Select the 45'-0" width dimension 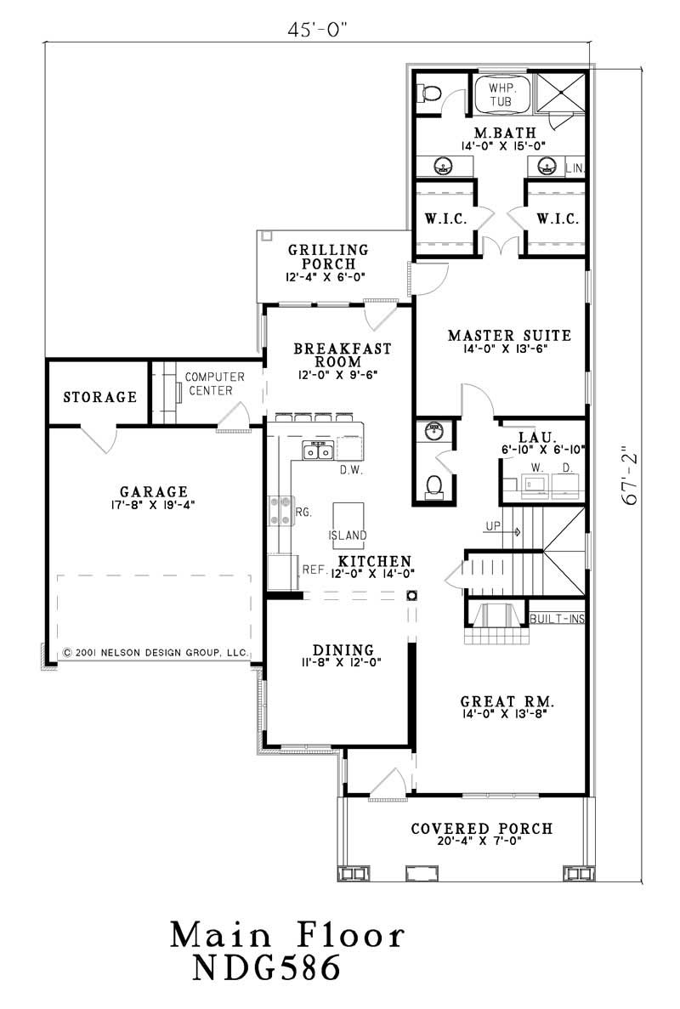319,31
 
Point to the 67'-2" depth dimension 630,476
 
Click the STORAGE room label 100,397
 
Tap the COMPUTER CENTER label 215,383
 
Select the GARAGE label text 153,491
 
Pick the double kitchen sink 319,451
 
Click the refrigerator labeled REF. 283,571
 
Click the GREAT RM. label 507,702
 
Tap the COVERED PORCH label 482,829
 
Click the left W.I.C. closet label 444,218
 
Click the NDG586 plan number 267,967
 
